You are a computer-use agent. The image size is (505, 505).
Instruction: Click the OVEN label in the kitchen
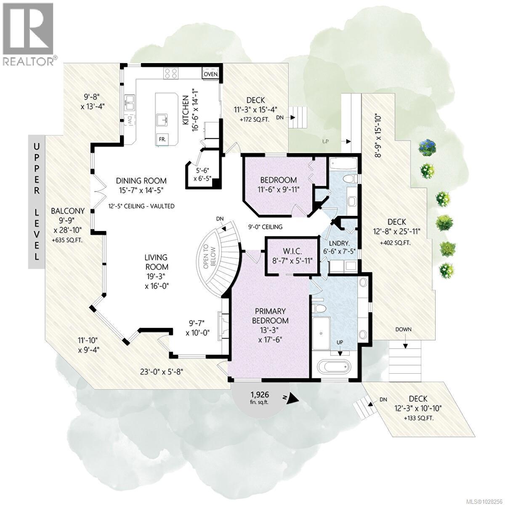coord(210,74)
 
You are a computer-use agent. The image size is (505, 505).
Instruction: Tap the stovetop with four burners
coord(171,73)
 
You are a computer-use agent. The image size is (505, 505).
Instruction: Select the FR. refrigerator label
coord(161,138)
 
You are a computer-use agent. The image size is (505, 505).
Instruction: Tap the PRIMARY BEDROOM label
coord(269,316)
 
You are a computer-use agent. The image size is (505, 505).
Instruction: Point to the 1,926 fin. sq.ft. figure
coord(260,398)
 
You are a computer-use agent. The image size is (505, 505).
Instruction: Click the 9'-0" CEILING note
coord(265,227)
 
